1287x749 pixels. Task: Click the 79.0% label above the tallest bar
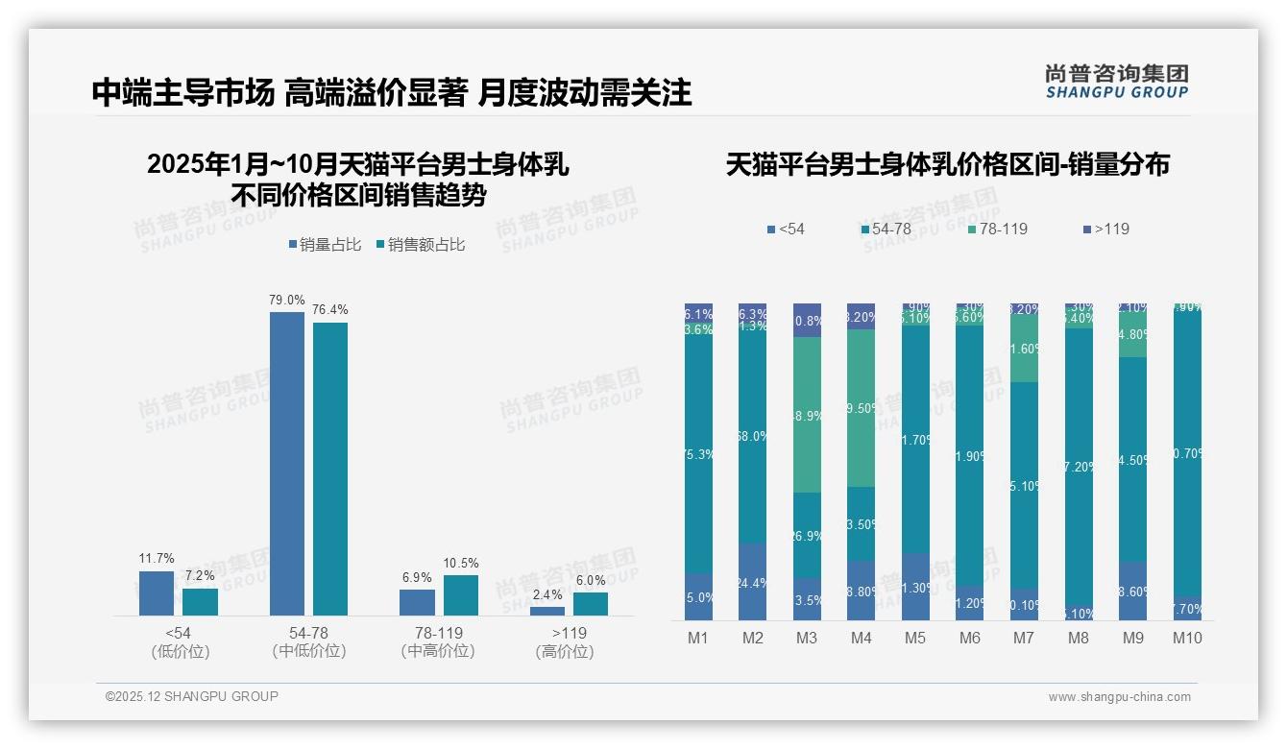tap(287, 300)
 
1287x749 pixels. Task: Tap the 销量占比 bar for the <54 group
tap(157, 593)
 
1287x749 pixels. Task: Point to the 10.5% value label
tap(461, 563)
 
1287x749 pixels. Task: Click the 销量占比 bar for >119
tap(547, 611)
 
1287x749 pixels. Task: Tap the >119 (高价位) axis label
tap(565, 641)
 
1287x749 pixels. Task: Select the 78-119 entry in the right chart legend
tap(998, 230)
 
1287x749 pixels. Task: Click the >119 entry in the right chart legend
tap(1105, 230)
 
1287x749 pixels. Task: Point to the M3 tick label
tap(807, 639)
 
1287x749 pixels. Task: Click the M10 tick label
tap(1187, 639)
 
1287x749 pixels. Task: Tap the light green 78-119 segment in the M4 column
tap(861, 408)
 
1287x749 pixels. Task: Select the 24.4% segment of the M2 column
tap(752, 582)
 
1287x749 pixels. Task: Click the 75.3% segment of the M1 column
tap(698, 454)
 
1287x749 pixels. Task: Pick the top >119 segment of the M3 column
tap(807, 321)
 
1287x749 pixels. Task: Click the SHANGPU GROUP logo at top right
tap(1116, 82)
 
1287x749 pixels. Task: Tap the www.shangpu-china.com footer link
tap(1119, 697)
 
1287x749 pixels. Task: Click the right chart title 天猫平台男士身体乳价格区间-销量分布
tap(947, 165)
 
